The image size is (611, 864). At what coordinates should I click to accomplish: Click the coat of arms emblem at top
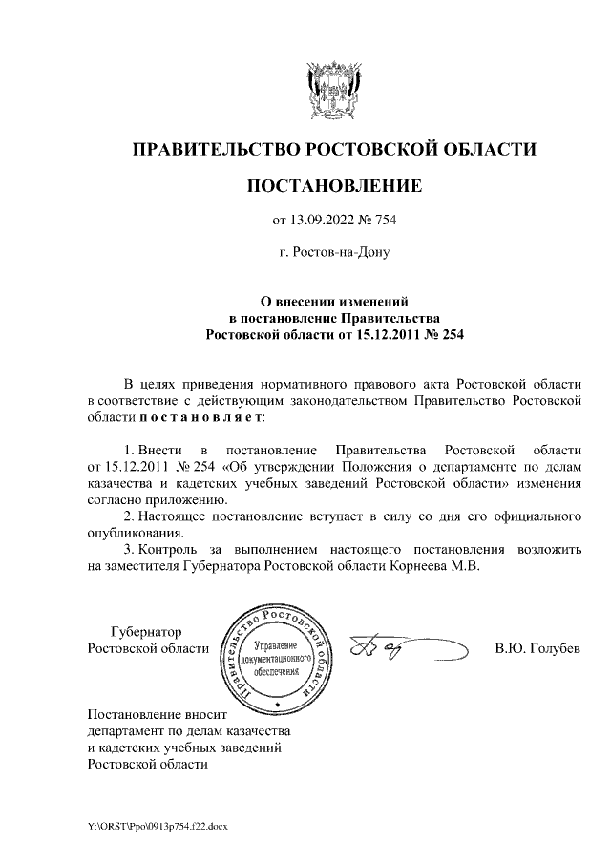pos(333,90)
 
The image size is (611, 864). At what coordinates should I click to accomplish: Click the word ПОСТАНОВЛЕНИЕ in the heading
pos(333,185)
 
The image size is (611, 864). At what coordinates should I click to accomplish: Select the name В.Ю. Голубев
pos(537,649)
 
